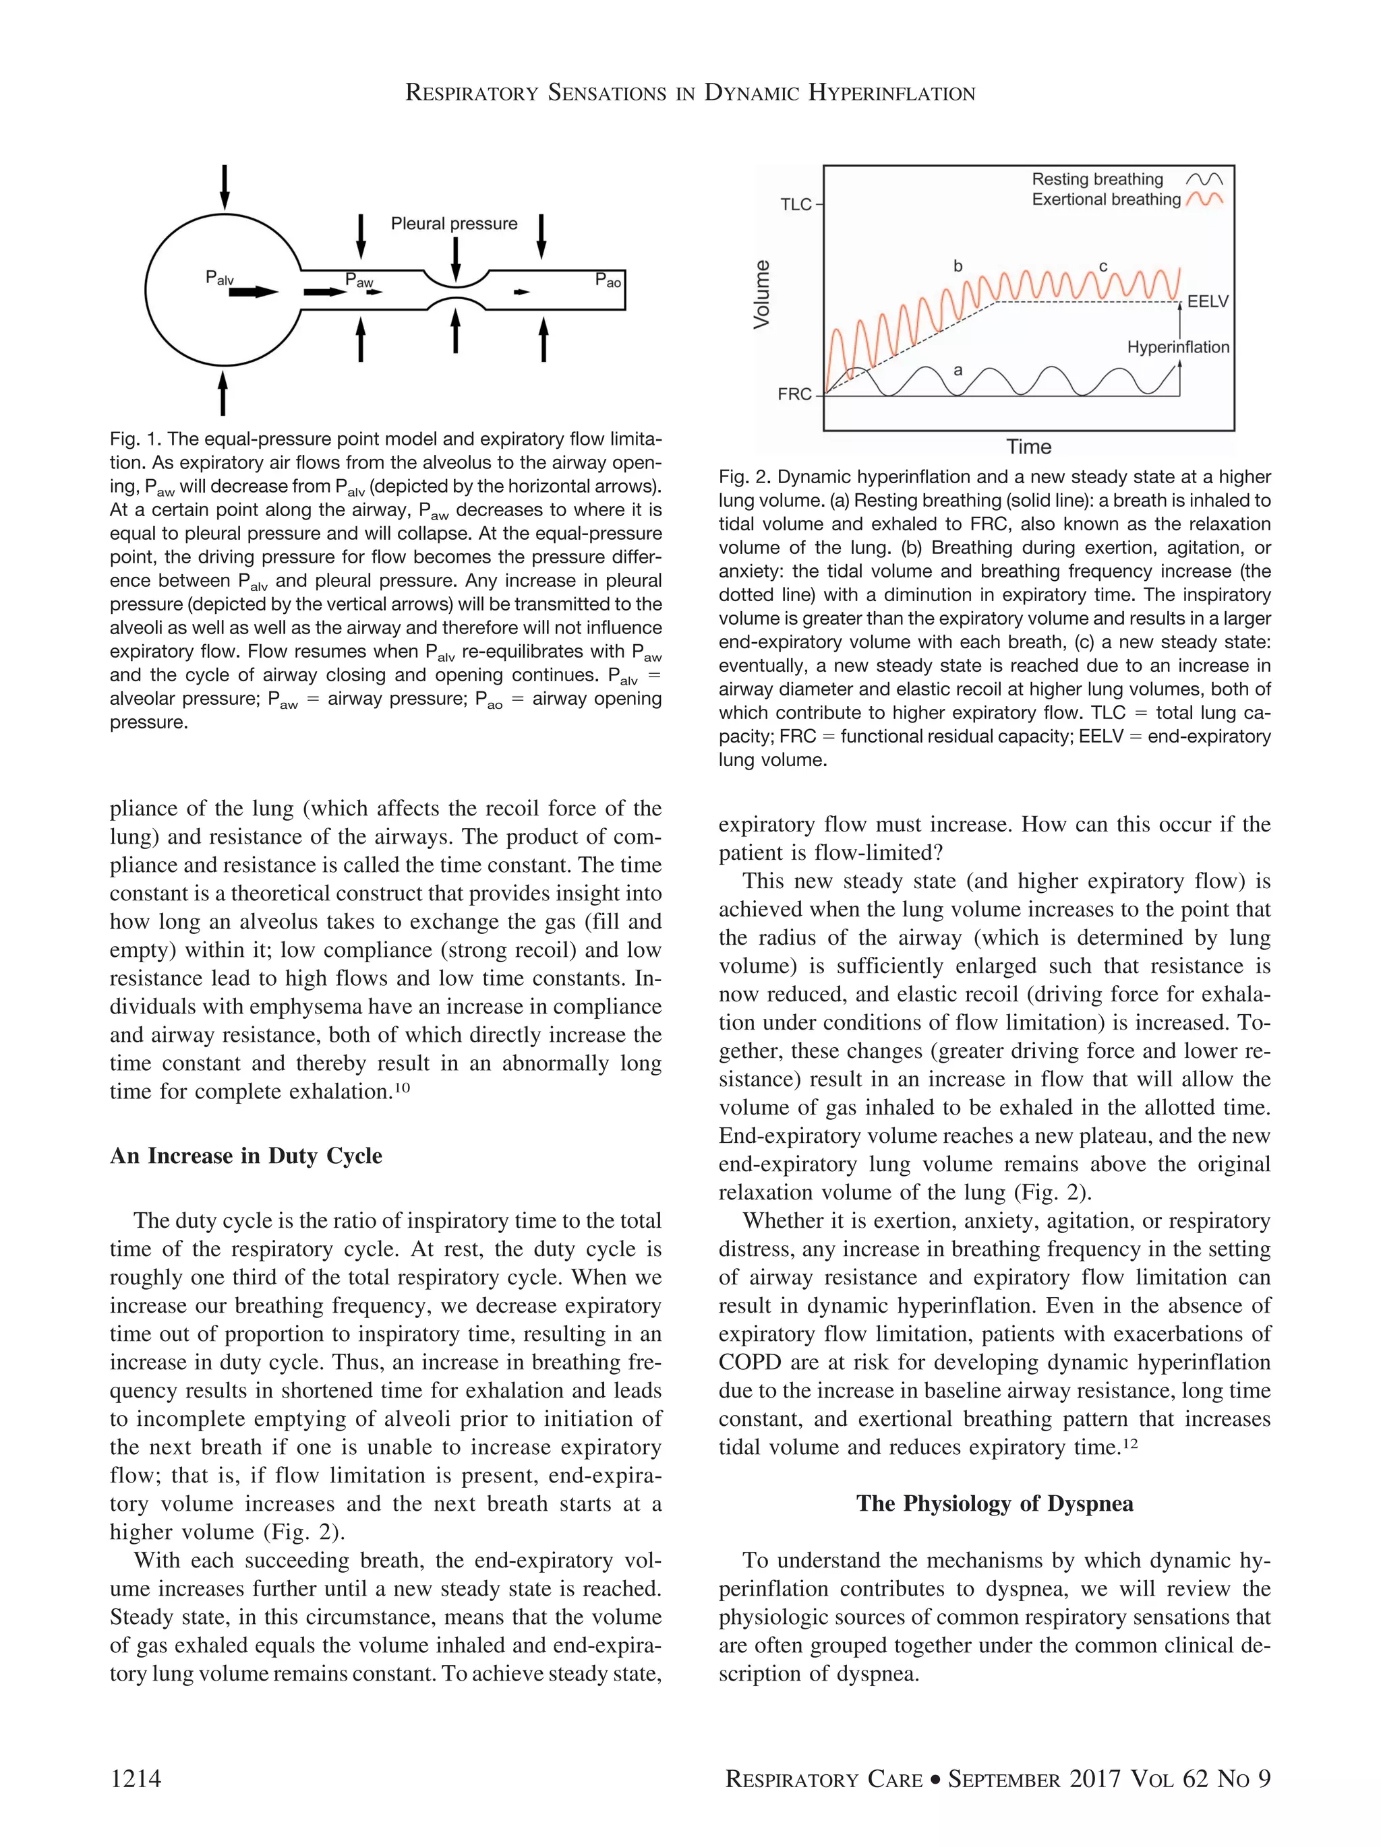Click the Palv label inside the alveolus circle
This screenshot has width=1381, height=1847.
coord(220,278)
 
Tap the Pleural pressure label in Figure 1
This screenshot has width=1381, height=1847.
coord(454,224)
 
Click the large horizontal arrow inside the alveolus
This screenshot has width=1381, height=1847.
coord(253,292)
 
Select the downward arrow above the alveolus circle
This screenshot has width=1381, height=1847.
coord(224,188)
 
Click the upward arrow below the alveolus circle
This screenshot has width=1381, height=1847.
coord(223,394)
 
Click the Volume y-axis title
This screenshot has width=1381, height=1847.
coord(762,294)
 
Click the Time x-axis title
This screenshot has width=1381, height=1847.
coord(1028,447)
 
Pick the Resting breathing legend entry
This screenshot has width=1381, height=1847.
coord(1097,179)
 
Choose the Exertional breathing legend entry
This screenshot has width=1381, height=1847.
coord(1105,199)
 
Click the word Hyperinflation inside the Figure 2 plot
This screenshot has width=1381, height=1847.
coord(1177,347)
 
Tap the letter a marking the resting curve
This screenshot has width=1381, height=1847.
coord(958,370)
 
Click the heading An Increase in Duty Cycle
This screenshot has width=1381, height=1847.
coord(245,1156)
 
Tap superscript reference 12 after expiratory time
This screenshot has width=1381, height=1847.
coord(1129,1443)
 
